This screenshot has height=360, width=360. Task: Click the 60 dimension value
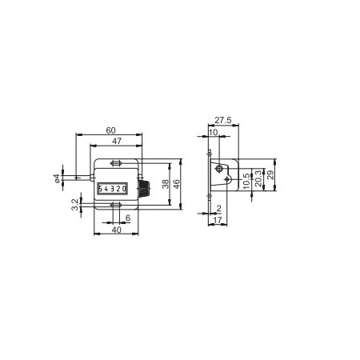point(110,130)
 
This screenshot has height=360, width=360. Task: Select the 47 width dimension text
point(116,141)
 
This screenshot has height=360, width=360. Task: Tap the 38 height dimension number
point(166,184)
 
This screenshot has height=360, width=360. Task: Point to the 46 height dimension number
point(178,184)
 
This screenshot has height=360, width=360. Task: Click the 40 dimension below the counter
point(116,230)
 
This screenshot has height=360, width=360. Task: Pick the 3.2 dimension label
point(74,206)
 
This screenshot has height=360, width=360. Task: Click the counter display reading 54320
point(112,189)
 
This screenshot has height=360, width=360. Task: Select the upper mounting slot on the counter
point(116,165)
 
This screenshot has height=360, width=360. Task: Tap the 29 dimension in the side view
point(270,177)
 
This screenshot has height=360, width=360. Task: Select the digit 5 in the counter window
point(102,189)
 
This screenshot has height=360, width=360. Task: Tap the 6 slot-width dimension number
point(128,218)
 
